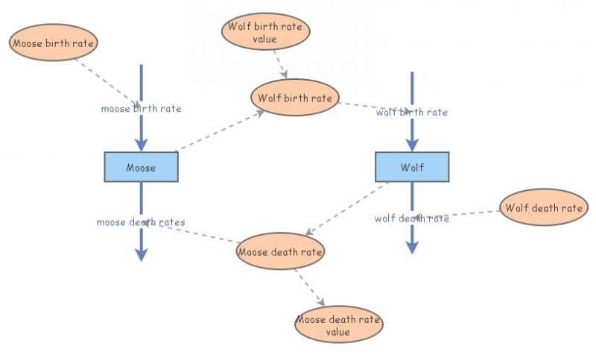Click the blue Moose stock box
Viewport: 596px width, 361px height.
pos(141,167)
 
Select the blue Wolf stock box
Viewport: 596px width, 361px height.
pos(411,167)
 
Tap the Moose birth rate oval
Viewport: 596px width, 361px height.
pos(53,43)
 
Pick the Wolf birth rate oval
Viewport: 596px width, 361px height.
pos(294,98)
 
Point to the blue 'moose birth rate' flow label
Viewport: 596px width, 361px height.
pos(141,109)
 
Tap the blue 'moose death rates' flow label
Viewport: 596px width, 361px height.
pos(141,222)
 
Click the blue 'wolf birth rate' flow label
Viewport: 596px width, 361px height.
pos(411,113)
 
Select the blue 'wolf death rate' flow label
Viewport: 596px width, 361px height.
pos(411,219)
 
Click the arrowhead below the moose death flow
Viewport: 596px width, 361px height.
pos(141,254)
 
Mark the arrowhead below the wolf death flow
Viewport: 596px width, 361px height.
pos(411,247)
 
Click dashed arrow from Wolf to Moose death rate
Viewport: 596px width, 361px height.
pos(347,208)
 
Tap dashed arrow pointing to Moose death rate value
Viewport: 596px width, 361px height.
pos(308,286)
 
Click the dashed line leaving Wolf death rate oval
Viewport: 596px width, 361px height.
pos(469,214)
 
